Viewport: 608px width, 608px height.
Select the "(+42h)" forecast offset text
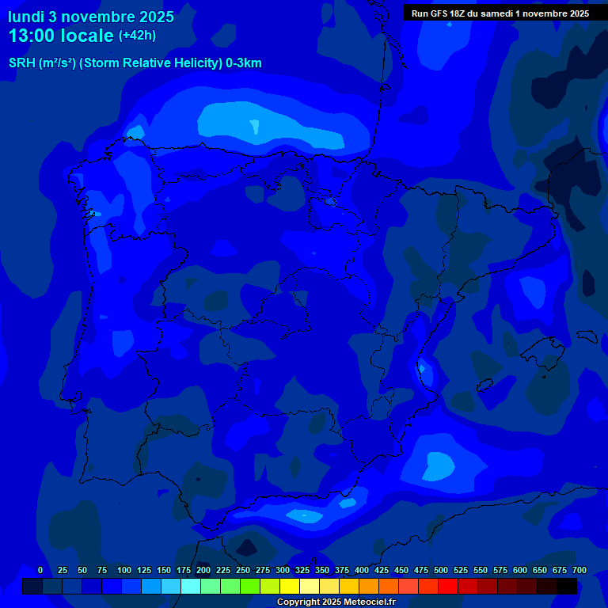[137, 36]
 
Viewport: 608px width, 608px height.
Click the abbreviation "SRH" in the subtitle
[22, 63]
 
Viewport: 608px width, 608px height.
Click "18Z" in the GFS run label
[457, 13]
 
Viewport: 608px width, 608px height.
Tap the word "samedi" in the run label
[495, 13]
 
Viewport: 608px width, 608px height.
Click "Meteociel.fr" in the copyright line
[364, 602]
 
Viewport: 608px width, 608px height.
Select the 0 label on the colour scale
[40, 570]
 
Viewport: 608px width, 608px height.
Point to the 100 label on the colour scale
[124, 570]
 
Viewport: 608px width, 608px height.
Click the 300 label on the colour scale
[283, 570]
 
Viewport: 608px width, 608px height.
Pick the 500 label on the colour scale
[441, 570]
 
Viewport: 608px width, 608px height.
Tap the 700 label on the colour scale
[579, 570]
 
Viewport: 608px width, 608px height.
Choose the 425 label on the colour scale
[382, 570]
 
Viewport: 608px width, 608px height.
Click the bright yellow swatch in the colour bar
[290, 586]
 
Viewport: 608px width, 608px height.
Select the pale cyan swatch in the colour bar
[191, 586]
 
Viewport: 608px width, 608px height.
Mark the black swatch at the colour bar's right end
[567, 586]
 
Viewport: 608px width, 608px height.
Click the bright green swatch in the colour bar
[250, 586]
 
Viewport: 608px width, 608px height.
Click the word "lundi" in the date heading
[25, 17]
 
